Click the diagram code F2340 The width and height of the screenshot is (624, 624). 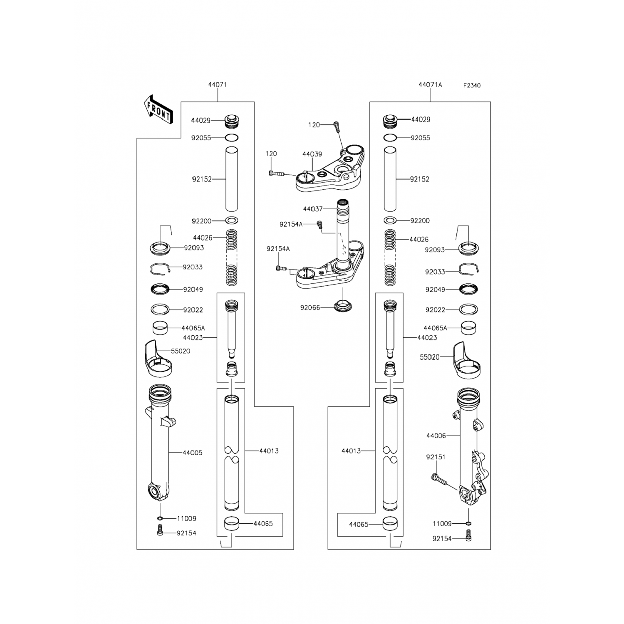click(472, 86)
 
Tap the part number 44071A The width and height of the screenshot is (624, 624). click(430, 85)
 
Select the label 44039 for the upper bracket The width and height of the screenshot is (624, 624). click(312, 154)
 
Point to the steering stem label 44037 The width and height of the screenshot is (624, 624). click(313, 209)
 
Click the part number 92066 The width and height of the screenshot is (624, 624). click(310, 308)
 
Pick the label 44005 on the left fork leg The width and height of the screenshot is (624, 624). click(193, 453)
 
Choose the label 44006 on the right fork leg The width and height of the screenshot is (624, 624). click(436, 436)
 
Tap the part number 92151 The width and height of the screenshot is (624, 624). click(436, 457)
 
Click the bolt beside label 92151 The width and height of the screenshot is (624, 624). click(438, 480)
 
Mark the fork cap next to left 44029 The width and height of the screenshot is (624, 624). click(232, 121)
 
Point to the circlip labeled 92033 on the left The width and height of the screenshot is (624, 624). click(160, 270)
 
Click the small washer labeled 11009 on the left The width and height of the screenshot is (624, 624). click(160, 518)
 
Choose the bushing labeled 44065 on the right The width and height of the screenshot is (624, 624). click(390, 524)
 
